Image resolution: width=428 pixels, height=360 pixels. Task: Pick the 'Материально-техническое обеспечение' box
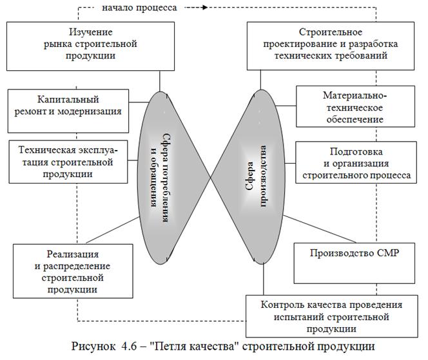click(x=354, y=107)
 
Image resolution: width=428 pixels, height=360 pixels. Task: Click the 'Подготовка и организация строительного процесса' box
click(x=354, y=163)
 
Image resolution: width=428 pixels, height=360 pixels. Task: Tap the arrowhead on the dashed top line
click(x=204, y=8)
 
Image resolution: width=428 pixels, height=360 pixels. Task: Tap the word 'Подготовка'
click(x=354, y=152)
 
